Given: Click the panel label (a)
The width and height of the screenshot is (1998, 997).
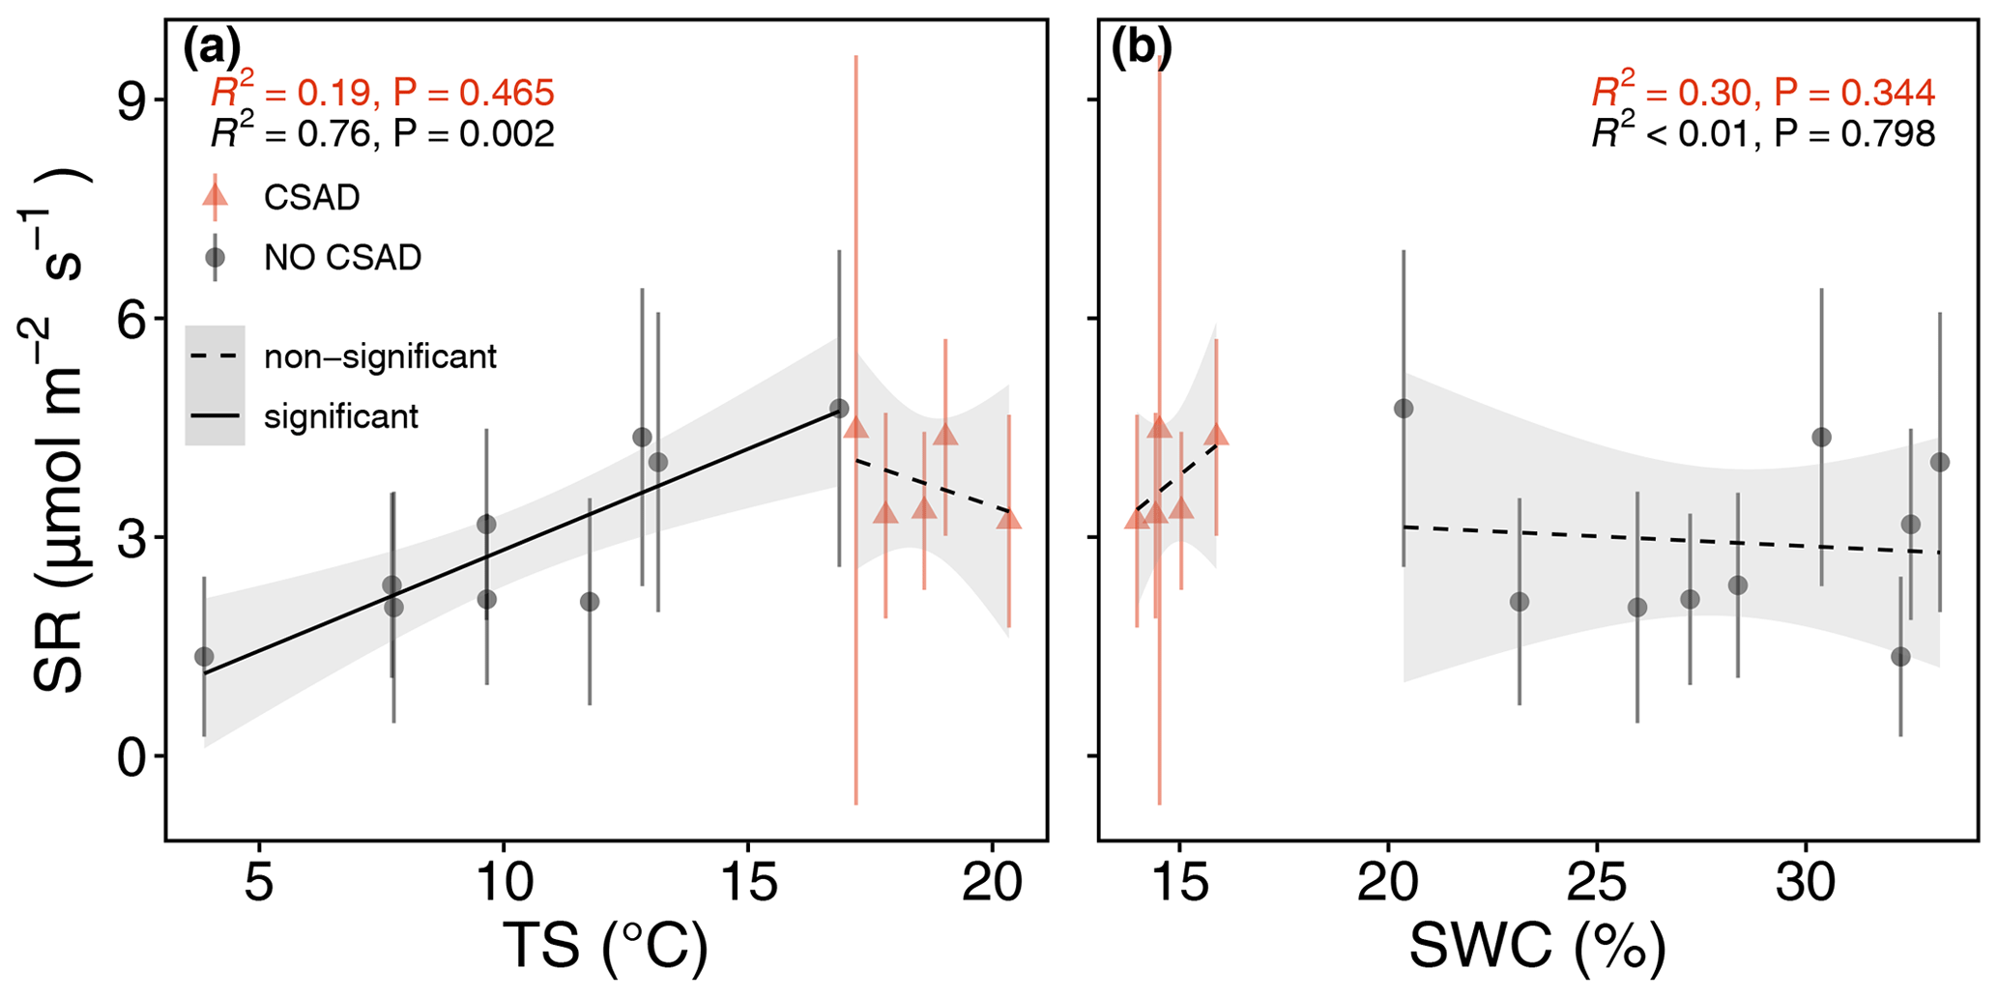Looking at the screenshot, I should [212, 49].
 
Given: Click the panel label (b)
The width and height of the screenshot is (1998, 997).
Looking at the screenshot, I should [1141, 49].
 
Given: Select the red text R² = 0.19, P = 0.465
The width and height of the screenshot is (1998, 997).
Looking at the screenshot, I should [383, 93].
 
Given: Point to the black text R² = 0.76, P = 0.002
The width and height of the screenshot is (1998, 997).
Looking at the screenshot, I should [383, 134].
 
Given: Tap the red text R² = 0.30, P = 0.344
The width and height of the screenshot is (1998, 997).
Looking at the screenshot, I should [1763, 93].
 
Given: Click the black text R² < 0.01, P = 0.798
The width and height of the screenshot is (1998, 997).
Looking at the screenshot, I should [1763, 134].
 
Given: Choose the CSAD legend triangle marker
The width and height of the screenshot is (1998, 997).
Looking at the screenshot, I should [215, 196].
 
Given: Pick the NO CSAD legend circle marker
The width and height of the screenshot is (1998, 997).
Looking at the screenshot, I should [215, 258].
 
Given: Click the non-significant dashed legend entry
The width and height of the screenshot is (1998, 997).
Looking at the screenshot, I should [380, 356].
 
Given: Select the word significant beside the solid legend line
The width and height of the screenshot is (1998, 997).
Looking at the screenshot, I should [341, 417].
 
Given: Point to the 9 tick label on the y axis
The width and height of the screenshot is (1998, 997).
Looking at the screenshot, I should [130, 100].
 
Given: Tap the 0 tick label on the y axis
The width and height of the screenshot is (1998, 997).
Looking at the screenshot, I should [130, 757].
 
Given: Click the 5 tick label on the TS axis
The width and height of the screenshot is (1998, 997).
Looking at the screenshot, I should [258, 883].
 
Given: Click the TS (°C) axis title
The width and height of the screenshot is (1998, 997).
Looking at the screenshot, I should [605, 947].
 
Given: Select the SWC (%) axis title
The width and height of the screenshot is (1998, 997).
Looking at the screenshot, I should [1538, 947].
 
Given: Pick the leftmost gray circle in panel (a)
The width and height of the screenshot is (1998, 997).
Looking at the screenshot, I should [204, 657].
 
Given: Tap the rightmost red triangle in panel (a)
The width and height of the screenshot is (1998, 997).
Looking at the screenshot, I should [1009, 520].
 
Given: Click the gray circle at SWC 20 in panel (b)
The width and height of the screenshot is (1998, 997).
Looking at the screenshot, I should [1404, 409].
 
